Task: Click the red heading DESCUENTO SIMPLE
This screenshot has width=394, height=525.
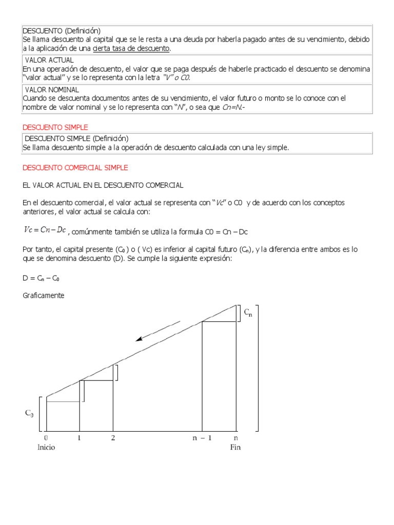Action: (x=55, y=127)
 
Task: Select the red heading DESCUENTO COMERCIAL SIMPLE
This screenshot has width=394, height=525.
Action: (x=75, y=168)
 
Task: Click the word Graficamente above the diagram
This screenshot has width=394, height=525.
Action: (x=44, y=296)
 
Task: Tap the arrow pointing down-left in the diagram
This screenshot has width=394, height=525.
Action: (x=157, y=331)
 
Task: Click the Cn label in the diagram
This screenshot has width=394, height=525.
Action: (x=248, y=312)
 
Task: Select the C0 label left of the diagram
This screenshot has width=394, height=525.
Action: (x=29, y=413)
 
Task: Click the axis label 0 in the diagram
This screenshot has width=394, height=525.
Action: (x=46, y=438)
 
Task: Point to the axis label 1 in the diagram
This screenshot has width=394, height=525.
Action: (x=79, y=438)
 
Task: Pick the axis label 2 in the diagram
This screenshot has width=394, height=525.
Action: (x=113, y=438)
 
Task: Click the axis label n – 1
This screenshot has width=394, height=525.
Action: (x=202, y=438)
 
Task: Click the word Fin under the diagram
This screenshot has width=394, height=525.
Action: (x=235, y=447)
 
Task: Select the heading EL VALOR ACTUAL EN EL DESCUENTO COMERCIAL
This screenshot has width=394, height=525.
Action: (x=103, y=185)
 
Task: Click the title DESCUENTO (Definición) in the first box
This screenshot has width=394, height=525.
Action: (x=62, y=30)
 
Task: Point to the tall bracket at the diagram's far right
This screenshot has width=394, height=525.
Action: (x=258, y=369)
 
